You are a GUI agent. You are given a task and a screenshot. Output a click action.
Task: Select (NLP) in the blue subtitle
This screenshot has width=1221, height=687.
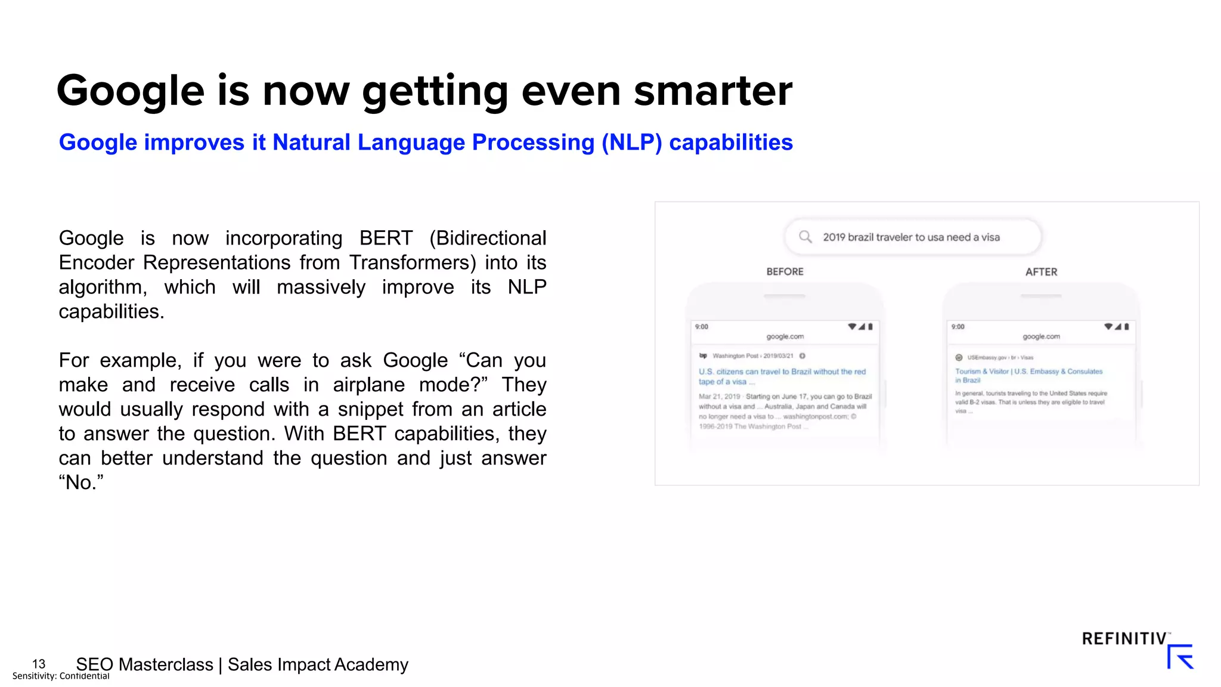click(x=631, y=143)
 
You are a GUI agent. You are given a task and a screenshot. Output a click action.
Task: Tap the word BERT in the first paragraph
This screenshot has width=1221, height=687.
click(x=386, y=238)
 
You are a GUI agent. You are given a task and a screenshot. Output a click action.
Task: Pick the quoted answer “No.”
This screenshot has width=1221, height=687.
click(x=81, y=482)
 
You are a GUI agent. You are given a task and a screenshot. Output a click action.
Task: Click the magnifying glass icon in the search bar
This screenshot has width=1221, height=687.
click(x=805, y=237)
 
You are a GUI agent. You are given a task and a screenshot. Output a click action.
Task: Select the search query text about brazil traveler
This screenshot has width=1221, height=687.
click(x=911, y=237)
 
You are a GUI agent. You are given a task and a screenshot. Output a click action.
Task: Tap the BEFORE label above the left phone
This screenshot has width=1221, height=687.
click(x=785, y=272)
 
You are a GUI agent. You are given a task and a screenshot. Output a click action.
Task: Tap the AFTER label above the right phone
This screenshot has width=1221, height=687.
click(x=1041, y=272)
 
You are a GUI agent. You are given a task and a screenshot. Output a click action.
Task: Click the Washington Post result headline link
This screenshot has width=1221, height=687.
click(x=782, y=376)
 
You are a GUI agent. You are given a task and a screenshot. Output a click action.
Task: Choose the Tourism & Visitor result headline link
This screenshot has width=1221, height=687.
click(x=1028, y=375)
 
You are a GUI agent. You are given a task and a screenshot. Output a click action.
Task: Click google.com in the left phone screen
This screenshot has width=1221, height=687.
click(x=785, y=336)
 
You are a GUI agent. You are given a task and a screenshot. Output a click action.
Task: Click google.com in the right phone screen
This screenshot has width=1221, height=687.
click(x=1041, y=336)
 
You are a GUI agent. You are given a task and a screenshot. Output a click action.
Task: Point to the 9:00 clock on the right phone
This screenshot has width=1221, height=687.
click(x=957, y=327)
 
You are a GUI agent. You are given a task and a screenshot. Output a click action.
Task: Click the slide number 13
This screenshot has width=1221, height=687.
click(x=39, y=664)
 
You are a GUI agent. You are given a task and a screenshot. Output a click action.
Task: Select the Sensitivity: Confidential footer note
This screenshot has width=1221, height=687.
click(x=61, y=676)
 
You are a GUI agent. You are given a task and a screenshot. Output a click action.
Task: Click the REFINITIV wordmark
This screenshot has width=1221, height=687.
click(x=1124, y=639)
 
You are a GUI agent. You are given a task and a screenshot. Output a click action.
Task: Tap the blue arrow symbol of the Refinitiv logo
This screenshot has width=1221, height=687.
click(x=1180, y=657)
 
